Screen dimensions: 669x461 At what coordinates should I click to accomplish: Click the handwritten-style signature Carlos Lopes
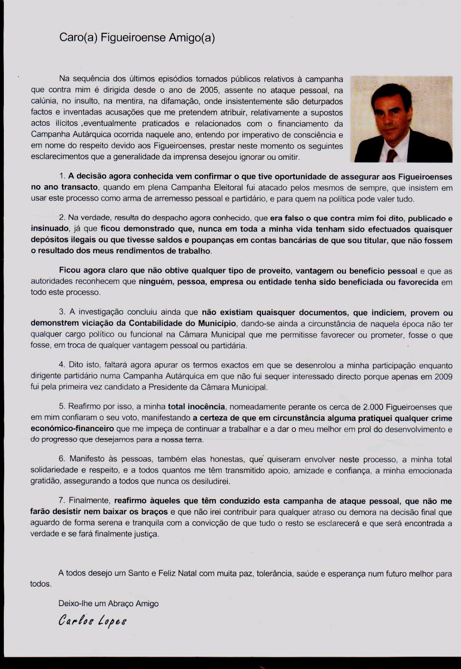point(92,620)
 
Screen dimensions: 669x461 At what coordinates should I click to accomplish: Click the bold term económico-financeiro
point(72,429)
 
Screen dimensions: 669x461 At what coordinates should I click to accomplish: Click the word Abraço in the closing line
point(120,603)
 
